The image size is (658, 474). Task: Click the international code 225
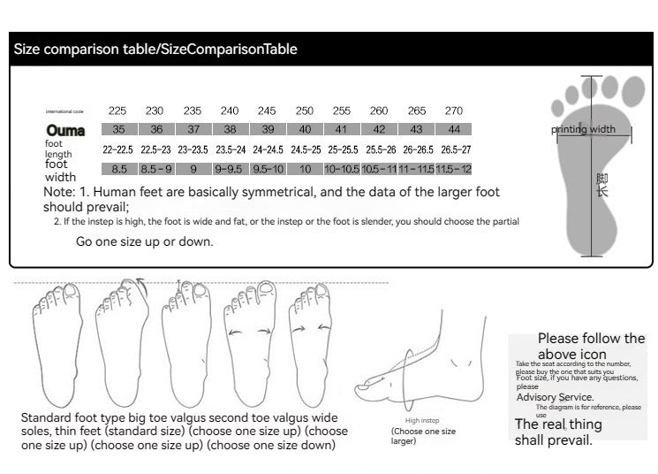click(117, 111)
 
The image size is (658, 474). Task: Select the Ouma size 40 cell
click(305, 129)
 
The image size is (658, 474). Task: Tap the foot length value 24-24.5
click(268, 149)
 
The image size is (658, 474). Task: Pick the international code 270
click(453, 111)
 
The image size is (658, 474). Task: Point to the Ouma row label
click(65, 130)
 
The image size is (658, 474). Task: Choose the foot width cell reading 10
click(306, 169)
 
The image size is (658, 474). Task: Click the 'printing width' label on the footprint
click(583, 130)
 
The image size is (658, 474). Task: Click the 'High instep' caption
click(422, 420)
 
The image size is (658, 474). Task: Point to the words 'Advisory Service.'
click(555, 397)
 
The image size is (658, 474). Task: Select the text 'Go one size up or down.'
click(144, 241)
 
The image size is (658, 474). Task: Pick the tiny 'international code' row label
click(64, 111)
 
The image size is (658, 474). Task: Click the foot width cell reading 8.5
click(119, 169)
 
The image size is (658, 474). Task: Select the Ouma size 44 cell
click(453, 129)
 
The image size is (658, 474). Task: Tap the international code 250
click(305, 111)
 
